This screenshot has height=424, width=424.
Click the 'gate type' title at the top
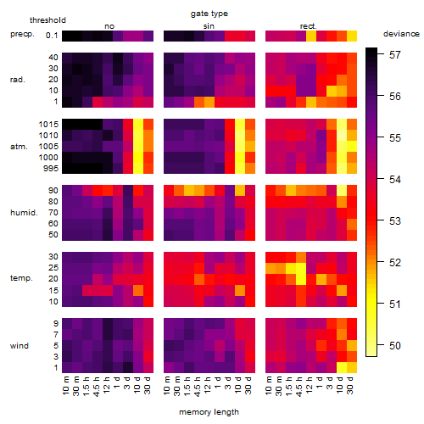[x=209, y=14]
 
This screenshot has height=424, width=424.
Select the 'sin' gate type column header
[x=209, y=26]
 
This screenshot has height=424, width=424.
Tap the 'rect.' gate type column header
[x=309, y=26]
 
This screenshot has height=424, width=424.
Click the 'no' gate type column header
[x=109, y=26]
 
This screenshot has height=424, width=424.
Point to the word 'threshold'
[x=47, y=20]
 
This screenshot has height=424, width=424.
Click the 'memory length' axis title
[x=209, y=412]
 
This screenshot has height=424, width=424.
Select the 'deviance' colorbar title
[x=401, y=34]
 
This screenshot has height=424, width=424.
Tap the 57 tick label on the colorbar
[x=395, y=54]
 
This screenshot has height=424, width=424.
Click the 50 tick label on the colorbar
[x=395, y=345]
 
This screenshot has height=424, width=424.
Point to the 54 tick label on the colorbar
[x=395, y=179]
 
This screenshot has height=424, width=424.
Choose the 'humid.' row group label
[x=24, y=212]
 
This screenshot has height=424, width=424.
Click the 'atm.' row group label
[x=19, y=147]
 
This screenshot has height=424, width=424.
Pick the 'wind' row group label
[x=20, y=345]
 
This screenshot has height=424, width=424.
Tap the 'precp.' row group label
[x=22, y=34]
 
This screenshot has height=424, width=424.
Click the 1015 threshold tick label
[x=48, y=124]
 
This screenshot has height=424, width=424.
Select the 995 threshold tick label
[x=51, y=168]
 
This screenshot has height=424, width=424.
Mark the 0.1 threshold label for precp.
[x=52, y=36]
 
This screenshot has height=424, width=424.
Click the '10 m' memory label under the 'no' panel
[x=65, y=385]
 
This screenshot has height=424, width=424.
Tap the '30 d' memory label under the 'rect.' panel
[x=350, y=385]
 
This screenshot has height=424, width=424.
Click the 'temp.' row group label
[x=21, y=278]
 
